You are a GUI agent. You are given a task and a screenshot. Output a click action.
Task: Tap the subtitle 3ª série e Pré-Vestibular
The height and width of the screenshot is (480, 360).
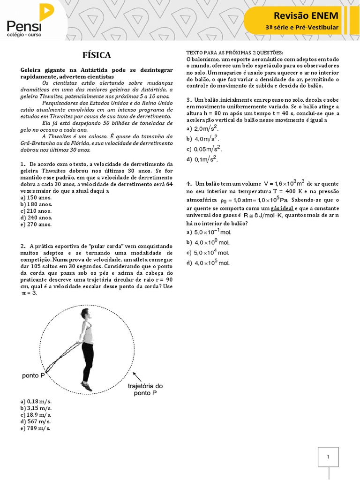[x=301, y=28]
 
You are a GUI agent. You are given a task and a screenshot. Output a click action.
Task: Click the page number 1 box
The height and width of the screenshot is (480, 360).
[x=329, y=457]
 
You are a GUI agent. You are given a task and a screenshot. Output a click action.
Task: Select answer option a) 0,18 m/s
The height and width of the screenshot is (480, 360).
[x=37, y=402]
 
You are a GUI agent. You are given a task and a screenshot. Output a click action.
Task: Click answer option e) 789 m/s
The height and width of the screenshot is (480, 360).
[x=36, y=428]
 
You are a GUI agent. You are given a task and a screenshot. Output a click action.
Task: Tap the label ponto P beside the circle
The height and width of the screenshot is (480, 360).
[x=33, y=376]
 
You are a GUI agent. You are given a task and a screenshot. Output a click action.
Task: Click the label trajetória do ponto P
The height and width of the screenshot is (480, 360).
[x=145, y=390]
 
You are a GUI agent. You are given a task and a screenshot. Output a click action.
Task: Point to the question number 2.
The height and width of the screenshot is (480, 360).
[x=22, y=246]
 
